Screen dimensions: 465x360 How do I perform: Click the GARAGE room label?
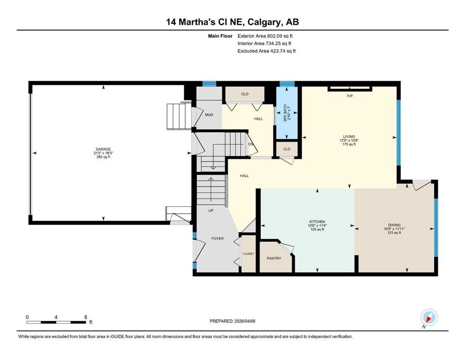[103, 149]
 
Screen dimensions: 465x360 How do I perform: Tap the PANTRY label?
[274, 258]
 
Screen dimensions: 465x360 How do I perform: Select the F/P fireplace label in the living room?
[350, 96]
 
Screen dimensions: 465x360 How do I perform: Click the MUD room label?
[209, 115]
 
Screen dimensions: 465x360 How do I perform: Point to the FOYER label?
[217, 239]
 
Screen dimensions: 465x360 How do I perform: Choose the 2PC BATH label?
[285, 113]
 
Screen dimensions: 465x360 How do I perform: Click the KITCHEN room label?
[317, 222]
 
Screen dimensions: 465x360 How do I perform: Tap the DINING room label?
[394, 225]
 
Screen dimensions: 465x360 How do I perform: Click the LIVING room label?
[349, 137]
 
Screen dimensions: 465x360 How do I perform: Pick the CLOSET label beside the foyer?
[249, 254]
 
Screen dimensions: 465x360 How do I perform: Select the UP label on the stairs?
[211, 211]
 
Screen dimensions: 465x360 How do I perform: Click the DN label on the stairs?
[251, 144]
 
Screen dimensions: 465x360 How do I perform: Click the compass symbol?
[429, 318]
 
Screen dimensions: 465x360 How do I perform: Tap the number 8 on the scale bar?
[86, 317]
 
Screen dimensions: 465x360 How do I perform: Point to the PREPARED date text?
[232, 321]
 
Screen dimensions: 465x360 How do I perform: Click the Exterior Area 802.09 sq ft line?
[265, 36]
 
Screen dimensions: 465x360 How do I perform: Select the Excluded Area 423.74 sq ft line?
[266, 51]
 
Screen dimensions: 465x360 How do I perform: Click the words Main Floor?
[220, 36]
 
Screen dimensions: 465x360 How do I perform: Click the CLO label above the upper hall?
[244, 94]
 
